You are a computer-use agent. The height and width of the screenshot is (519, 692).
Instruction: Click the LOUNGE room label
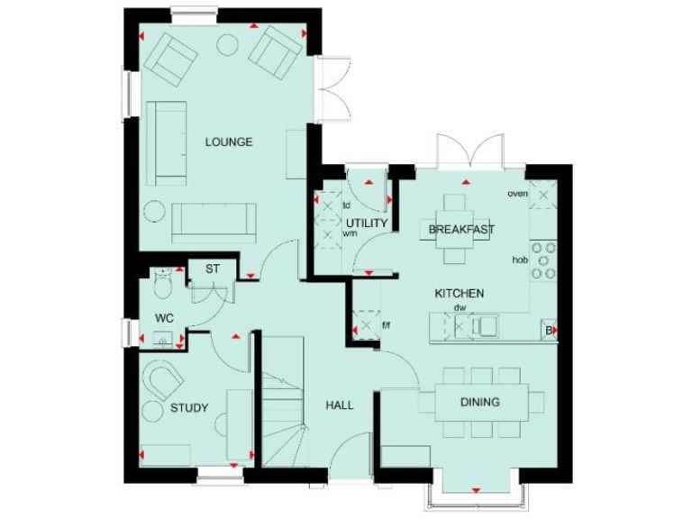click(228, 142)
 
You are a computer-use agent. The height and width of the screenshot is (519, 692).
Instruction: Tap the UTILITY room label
click(366, 223)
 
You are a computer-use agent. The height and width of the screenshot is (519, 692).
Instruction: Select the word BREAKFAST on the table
click(460, 230)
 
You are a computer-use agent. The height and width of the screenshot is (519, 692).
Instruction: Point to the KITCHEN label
click(460, 294)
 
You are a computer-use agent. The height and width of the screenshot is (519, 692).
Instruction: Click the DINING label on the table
click(480, 402)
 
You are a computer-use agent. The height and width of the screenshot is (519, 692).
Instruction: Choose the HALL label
click(339, 405)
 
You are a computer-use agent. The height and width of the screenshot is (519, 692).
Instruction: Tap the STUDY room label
click(189, 408)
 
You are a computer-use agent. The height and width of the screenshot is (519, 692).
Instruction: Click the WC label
click(164, 318)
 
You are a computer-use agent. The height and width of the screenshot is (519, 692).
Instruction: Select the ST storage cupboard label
click(213, 269)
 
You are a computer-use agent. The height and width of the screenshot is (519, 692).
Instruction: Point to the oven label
click(517, 193)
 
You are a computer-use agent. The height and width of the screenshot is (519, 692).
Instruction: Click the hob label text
click(519, 259)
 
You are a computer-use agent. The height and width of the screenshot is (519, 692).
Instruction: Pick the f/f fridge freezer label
click(387, 325)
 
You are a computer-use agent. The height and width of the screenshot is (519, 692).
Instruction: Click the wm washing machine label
click(350, 233)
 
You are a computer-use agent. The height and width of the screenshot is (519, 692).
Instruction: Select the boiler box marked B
click(550, 332)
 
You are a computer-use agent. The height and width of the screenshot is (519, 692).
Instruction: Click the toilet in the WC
click(162, 283)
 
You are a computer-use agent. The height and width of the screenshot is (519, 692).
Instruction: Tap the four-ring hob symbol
click(543, 259)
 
